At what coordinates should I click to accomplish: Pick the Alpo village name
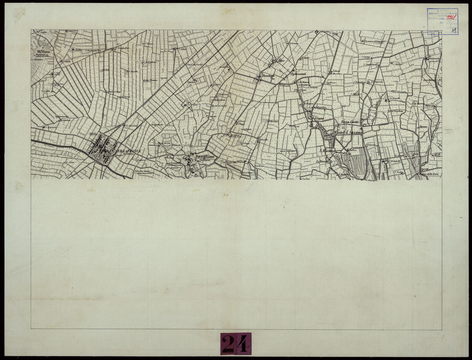(x=282, y=60)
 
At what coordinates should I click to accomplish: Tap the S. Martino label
(x=326, y=151)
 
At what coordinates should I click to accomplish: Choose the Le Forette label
(x=322, y=162)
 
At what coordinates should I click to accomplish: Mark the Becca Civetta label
(x=349, y=122)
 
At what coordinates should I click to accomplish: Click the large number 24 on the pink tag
(x=236, y=344)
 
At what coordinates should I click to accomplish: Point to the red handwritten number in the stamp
(x=451, y=18)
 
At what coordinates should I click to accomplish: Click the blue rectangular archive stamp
(x=442, y=21)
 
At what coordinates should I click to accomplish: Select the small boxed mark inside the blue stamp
(x=454, y=29)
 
